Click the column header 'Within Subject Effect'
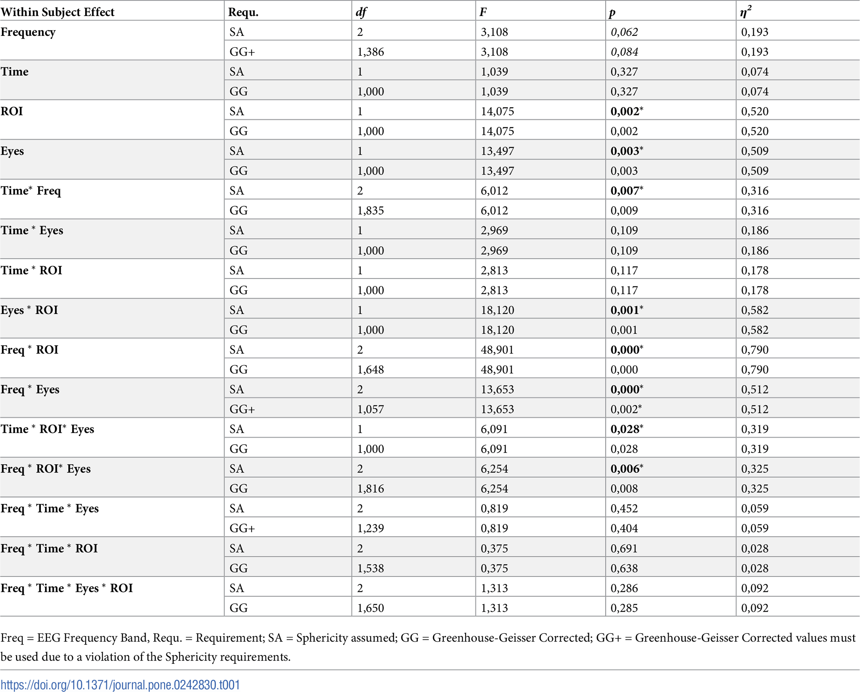[57, 12]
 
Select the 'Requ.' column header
[243, 12]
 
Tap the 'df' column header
[361, 12]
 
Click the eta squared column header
[745, 12]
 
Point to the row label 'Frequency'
[28, 32]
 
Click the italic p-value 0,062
[624, 32]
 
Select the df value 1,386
[371, 52]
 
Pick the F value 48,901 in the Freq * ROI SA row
[497, 349]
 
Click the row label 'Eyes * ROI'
[29, 310]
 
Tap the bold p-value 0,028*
[626, 429]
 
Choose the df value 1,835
[371, 210]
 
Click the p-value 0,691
[624, 548]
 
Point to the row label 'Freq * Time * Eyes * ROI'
[67, 588]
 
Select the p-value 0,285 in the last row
[624, 608]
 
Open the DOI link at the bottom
[120, 685]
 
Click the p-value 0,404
[624, 528]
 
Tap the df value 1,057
[371, 409]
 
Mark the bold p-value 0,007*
[626, 191]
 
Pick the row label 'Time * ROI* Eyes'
[47, 429]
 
